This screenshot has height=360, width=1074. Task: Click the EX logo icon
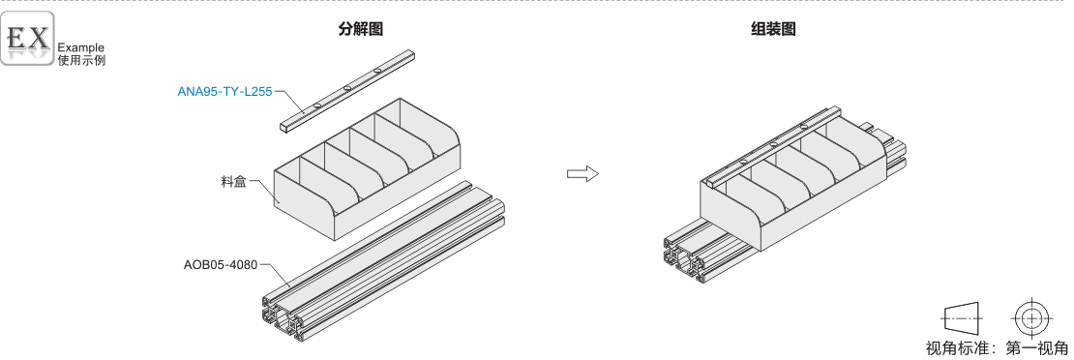[27, 39]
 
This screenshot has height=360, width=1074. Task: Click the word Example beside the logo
[81, 47]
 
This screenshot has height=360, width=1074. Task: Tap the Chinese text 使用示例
[81, 60]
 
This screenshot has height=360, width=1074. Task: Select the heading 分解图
[360, 29]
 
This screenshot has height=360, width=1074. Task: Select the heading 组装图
[773, 29]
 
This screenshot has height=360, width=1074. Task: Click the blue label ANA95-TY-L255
[224, 91]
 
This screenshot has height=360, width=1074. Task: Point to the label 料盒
[233, 182]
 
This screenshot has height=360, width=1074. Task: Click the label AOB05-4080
[221, 264]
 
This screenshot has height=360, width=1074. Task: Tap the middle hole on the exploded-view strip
[347, 88]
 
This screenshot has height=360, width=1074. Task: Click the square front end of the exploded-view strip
[284, 126]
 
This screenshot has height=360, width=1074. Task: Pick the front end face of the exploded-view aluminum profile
[284, 317]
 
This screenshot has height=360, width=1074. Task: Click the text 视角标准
[956, 347]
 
